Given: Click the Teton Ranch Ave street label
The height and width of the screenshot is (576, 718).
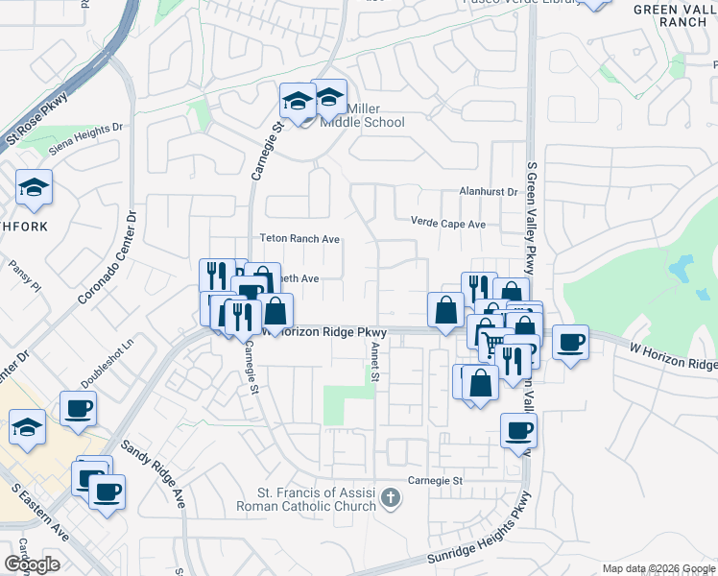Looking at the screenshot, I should tap(299, 239).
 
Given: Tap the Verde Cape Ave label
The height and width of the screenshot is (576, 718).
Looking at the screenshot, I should tap(447, 224).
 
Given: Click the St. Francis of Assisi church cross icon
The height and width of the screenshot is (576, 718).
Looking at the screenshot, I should tap(390, 497).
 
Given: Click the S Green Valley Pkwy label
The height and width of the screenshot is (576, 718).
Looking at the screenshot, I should tap(531, 217).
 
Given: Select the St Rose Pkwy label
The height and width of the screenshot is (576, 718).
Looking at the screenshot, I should tap(38, 117).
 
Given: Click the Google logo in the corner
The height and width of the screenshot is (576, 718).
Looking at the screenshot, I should tap(32, 564).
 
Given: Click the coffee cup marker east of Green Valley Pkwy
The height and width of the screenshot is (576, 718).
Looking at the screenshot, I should tap(571, 344).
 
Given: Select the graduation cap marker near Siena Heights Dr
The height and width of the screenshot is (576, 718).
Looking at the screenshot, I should tap(35, 188).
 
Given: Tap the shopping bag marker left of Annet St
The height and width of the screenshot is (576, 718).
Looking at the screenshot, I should tap(276, 311).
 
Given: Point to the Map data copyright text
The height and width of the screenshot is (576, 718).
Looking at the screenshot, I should tap(658, 568).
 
